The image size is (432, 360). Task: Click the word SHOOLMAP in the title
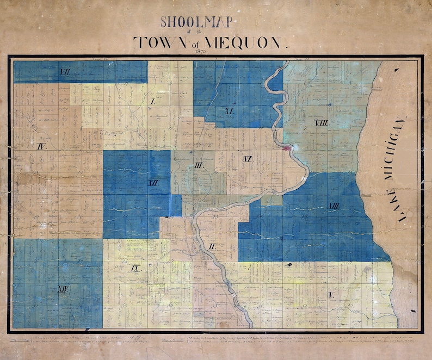196,22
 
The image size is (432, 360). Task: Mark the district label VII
65,72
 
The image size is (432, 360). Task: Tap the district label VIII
322,123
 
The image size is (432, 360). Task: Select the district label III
199,165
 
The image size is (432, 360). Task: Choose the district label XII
153,183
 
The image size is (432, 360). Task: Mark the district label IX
137,268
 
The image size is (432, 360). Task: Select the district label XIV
62,289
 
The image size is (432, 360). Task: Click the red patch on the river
287,146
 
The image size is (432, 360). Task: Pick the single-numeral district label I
153,102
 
